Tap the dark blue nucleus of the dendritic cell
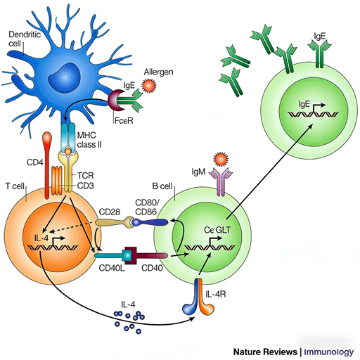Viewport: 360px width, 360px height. click(x=70, y=73)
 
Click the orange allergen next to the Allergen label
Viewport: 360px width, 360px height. click(x=148, y=86)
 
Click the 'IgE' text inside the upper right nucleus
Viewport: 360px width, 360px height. click(x=304, y=105)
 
